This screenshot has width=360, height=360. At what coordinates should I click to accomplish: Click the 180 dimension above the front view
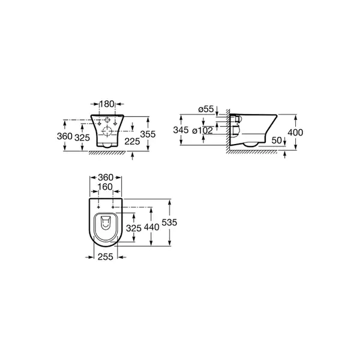pyautogui.click(x=107, y=104)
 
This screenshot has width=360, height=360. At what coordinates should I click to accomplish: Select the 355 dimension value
pyautogui.click(x=148, y=134)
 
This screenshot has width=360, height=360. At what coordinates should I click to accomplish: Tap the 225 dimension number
pyautogui.click(x=132, y=142)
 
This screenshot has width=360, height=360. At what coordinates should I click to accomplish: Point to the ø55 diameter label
pyautogui.click(x=206, y=109)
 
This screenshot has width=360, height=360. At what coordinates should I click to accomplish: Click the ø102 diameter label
pyautogui.click(x=203, y=131)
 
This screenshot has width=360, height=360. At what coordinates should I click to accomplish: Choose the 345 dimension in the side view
pyautogui.click(x=181, y=130)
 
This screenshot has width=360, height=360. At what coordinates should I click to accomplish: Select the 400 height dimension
pyautogui.click(x=295, y=132)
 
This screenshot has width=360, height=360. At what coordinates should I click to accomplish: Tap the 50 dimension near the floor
pyautogui.click(x=276, y=140)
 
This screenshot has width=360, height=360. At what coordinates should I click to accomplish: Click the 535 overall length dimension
pyautogui.click(x=169, y=222)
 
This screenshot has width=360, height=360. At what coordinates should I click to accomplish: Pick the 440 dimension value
pyautogui.click(x=152, y=227)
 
